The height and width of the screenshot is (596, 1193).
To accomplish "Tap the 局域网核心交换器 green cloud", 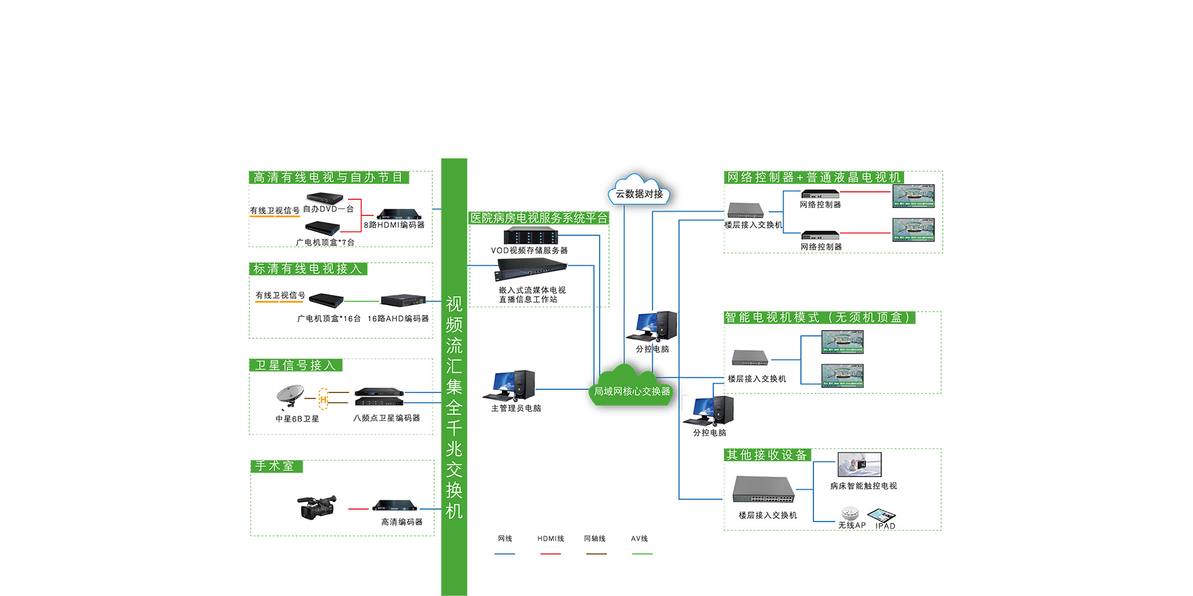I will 631,389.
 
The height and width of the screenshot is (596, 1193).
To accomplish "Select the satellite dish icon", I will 290,396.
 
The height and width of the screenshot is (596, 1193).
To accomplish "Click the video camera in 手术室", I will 317,507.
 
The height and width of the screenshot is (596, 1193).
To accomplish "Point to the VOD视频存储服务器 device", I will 531,236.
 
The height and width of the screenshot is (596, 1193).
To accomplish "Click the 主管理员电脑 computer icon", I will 513,385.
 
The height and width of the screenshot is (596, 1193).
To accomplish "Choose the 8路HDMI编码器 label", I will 394,225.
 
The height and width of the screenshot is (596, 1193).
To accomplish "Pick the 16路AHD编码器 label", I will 398,318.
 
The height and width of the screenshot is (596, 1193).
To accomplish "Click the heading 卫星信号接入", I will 295,365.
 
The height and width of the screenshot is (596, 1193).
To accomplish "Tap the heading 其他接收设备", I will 767,455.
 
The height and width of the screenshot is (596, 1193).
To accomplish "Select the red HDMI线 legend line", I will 551,553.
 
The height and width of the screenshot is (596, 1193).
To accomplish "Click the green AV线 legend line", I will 642,553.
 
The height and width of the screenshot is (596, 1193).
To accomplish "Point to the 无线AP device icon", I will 850,513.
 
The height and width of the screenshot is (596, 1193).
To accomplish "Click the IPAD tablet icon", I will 882,515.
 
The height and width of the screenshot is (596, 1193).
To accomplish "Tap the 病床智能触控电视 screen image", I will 859,464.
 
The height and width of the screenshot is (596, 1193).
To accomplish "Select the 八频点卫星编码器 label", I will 386,418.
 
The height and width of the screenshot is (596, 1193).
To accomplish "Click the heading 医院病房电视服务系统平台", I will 539,218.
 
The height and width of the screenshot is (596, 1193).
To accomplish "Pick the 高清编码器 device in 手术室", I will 394,505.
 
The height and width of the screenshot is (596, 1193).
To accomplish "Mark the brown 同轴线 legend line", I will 596,553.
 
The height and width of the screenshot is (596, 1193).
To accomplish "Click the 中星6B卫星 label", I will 297,419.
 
